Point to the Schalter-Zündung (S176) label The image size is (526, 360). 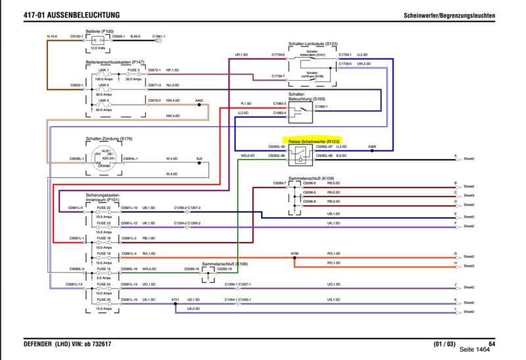[x=109, y=139]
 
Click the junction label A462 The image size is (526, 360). [x=199, y=101]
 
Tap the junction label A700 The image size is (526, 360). [x=294, y=253]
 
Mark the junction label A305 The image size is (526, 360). [x=372, y=146]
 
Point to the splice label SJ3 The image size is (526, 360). [x=199, y=158]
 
